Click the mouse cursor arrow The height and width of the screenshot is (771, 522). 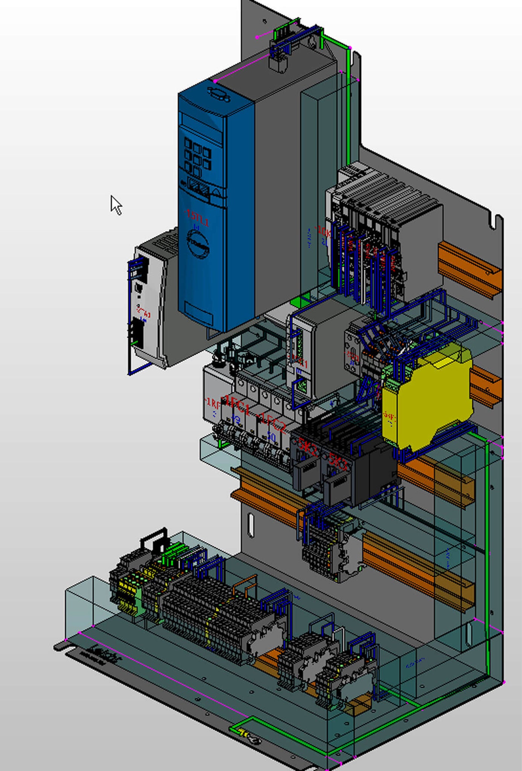coord(115,204)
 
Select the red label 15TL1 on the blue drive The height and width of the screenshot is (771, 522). coord(198,218)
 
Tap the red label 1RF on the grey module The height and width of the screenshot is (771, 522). coord(213,404)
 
